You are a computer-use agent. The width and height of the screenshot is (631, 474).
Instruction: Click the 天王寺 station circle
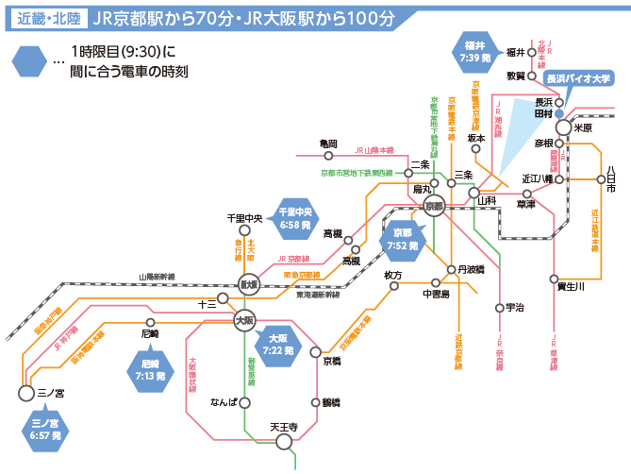tap(284, 442)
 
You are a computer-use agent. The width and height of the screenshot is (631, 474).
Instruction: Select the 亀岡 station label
tap(327, 144)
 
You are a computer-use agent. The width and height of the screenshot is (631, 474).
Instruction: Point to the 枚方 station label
tap(393, 275)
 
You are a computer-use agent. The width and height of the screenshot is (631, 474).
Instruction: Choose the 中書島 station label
tap(435, 294)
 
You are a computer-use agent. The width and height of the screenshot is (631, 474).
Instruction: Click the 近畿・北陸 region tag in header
tap(46, 18)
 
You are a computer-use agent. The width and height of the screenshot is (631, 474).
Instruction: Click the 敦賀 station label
tap(516, 75)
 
